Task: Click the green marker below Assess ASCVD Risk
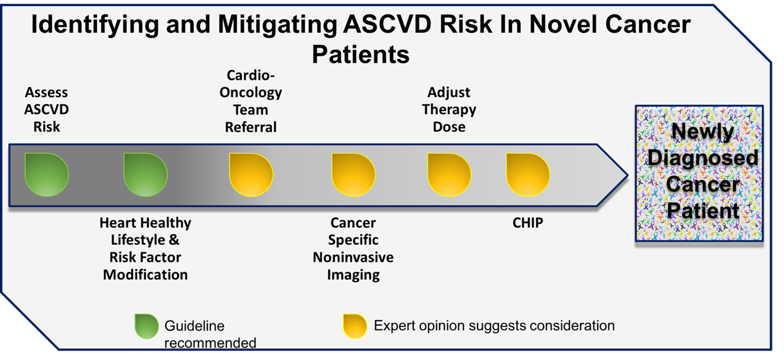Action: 47,174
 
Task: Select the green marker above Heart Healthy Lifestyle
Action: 146,174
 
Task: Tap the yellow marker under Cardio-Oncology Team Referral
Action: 251,174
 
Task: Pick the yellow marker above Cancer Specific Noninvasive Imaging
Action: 353,174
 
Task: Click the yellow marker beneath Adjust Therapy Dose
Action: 449,174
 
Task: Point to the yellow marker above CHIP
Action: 528,174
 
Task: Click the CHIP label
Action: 528,223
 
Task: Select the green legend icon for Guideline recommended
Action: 147,326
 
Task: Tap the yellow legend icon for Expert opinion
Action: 355,326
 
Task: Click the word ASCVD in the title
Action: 387,24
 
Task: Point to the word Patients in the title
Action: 361,55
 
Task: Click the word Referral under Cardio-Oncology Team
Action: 250,127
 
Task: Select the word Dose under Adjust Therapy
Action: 449,127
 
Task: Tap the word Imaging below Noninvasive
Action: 353,275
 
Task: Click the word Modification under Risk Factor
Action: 145,275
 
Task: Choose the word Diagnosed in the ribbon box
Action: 703,158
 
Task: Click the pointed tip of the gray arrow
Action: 628,175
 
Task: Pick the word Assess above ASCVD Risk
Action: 47,92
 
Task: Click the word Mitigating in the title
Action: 277,25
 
